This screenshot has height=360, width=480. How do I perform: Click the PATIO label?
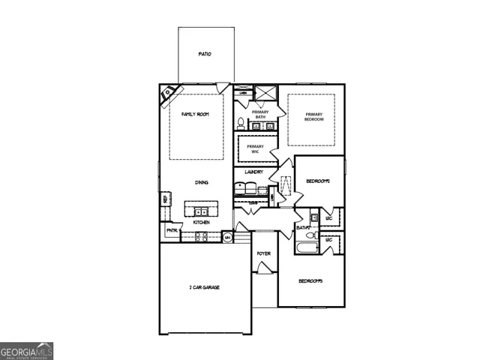(x=204, y=55)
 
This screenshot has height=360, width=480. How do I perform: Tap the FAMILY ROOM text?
(x=195, y=114)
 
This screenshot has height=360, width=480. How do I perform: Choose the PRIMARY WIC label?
(x=256, y=148)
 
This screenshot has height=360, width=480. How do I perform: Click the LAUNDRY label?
(x=253, y=172)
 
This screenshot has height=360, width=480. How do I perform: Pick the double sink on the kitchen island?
(x=201, y=212)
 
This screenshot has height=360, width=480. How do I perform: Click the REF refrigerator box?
(x=164, y=199)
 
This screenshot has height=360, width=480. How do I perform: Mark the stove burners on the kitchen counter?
(x=202, y=237)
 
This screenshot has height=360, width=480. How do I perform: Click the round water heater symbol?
(x=228, y=238)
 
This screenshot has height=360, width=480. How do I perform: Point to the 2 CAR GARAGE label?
(x=204, y=287)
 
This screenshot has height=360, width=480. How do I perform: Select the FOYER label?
(x=263, y=253)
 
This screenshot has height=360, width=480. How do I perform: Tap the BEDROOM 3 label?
(x=310, y=281)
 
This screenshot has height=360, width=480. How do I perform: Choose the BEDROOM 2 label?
(x=319, y=181)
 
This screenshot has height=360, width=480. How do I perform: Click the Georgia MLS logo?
(x=26, y=351)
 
